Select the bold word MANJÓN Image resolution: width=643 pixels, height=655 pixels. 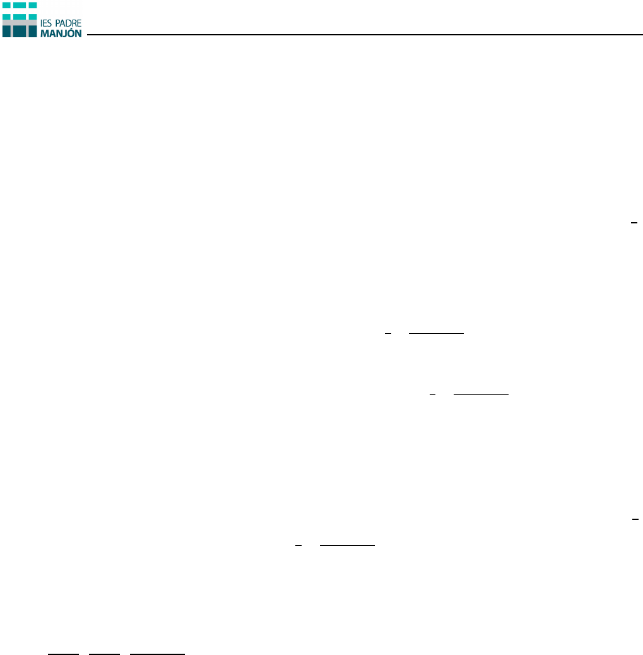[x=61, y=33]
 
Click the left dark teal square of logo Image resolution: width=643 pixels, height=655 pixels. [x=7, y=31]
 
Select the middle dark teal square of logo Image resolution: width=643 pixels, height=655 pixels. [x=20, y=31]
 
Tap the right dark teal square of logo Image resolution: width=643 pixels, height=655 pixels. [x=32, y=31]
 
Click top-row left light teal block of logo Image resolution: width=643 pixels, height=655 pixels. [x=7, y=4]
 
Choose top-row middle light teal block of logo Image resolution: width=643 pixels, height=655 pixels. [x=20, y=4]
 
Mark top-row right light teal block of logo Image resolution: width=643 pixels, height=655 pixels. [x=32, y=4]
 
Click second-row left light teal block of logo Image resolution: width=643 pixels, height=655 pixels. [x=7, y=15]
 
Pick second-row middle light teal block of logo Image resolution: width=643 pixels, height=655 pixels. [x=20, y=15]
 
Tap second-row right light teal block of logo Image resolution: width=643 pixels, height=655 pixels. [x=32, y=15]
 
